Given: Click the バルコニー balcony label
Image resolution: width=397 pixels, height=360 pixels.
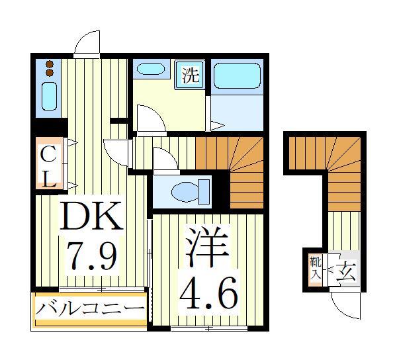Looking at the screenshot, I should [x=89, y=308].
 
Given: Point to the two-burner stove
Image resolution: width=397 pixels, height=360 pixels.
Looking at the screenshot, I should [x=49, y=67].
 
